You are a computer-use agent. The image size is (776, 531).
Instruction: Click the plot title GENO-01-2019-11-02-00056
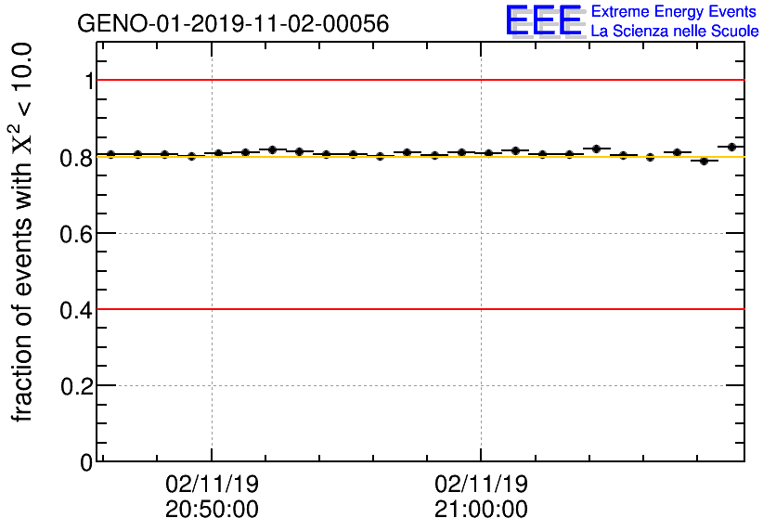tap(233, 23)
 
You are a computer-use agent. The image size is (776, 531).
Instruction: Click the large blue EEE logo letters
tap(544, 20)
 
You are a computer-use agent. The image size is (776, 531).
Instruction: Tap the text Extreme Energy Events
tap(674, 12)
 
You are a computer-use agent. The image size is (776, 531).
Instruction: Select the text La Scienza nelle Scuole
tap(674, 32)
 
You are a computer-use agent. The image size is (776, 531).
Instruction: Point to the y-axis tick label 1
tap(89, 81)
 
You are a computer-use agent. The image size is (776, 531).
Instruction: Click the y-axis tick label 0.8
tap(78, 157)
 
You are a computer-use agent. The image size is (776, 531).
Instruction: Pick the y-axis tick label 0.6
tap(78, 233)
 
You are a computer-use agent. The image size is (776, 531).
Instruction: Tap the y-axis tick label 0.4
tap(78, 309)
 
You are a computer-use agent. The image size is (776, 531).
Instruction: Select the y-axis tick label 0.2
tap(78, 385)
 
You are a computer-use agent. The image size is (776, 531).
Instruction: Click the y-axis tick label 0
tap(87, 461)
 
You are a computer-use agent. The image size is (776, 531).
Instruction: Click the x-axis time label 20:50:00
tap(212, 510)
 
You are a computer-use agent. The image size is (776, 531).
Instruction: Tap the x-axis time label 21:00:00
tap(481, 510)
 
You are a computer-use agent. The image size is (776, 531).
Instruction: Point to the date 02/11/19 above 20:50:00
tap(212, 484)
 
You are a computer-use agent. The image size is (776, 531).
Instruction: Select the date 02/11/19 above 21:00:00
tap(481, 484)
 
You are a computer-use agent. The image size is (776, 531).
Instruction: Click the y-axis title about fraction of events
tap(23, 232)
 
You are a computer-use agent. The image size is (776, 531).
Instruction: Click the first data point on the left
tap(110, 154)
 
